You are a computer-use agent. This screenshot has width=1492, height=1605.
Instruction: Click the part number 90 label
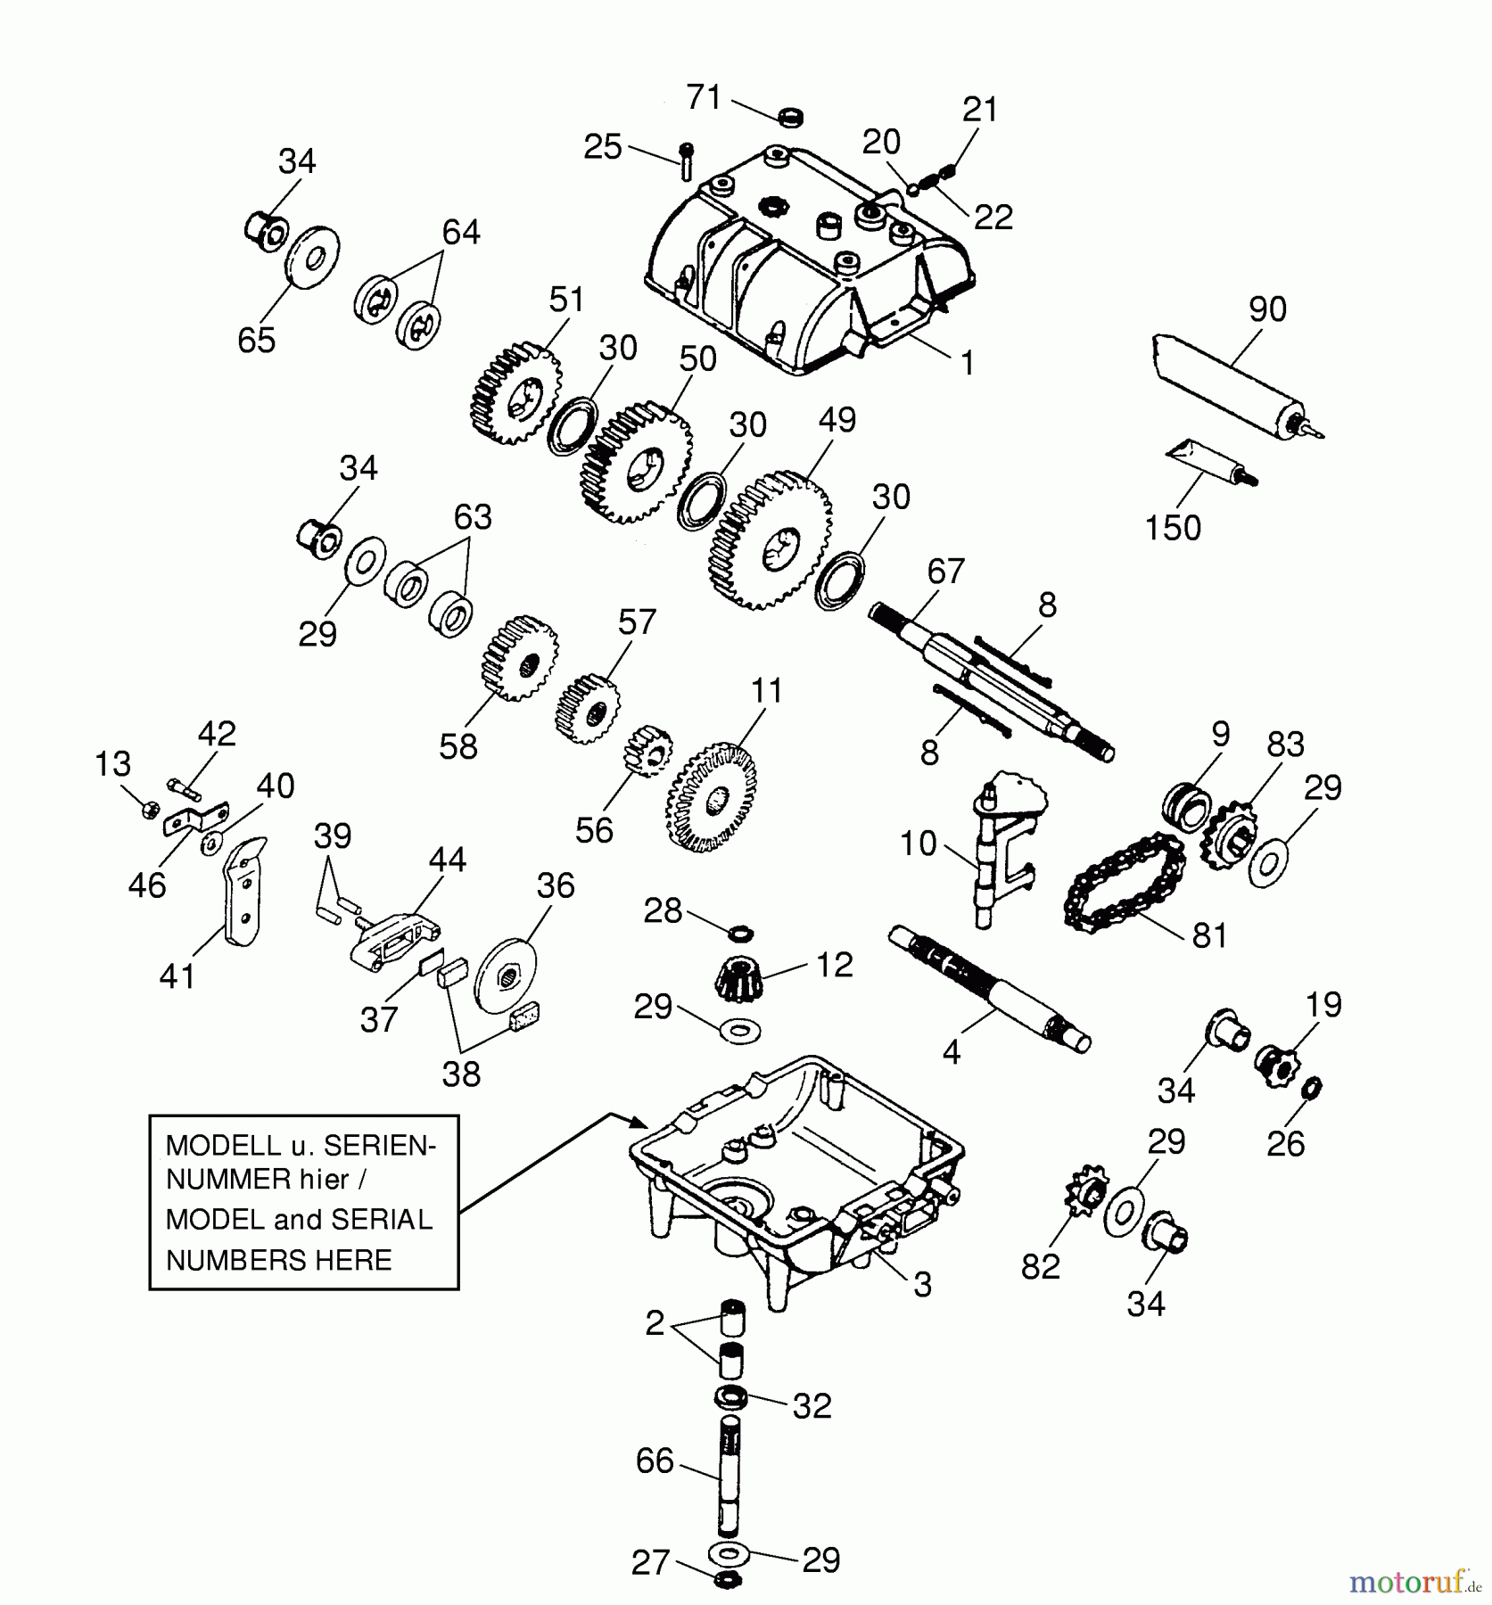point(1267,309)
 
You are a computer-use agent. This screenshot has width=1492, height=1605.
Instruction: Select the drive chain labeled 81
point(1125,883)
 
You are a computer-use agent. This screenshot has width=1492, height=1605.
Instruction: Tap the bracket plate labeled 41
point(243,891)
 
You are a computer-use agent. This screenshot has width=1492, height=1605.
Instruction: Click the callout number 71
point(704,96)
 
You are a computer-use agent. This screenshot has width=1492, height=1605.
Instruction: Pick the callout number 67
point(945,571)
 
